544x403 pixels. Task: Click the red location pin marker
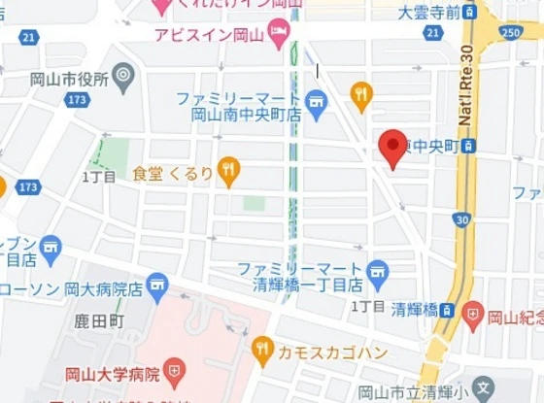click(x=392, y=148)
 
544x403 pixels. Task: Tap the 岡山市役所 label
click(x=69, y=80)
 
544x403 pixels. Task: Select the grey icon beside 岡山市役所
click(x=122, y=75)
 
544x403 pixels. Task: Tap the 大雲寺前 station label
click(x=428, y=13)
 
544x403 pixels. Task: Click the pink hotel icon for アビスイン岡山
click(x=279, y=35)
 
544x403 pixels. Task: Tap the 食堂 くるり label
click(x=173, y=174)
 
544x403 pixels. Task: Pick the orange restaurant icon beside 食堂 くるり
click(x=228, y=172)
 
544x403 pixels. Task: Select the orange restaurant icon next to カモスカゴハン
click(x=262, y=349)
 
